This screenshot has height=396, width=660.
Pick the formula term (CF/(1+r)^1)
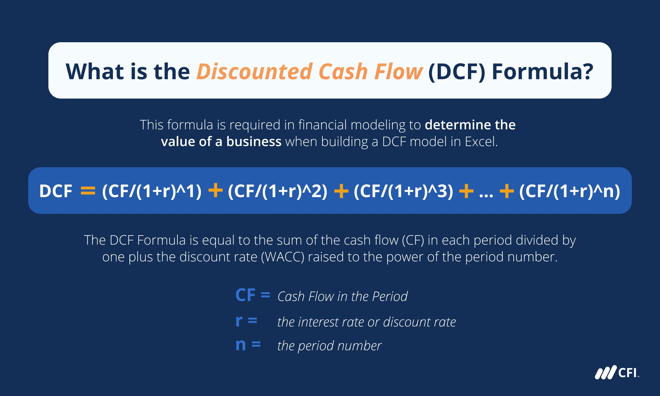(152, 191)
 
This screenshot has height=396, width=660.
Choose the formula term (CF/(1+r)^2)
(277, 191)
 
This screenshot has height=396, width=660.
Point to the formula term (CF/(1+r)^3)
(404, 191)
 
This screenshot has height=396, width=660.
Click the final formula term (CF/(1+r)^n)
(570, 191)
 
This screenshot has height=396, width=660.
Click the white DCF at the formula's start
(56, 191)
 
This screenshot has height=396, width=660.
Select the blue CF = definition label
(253, 295)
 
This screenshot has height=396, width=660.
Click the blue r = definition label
(246, 321)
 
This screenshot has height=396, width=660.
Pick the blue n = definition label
(248, 344)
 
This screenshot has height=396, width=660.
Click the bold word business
(254, 141)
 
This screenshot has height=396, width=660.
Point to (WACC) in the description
(282, 257)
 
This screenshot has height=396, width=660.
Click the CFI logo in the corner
(617, 373)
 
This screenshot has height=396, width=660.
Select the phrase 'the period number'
(329, 346)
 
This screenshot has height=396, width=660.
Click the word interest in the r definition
(318, 322)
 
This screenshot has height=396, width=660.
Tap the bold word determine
(458, 125)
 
